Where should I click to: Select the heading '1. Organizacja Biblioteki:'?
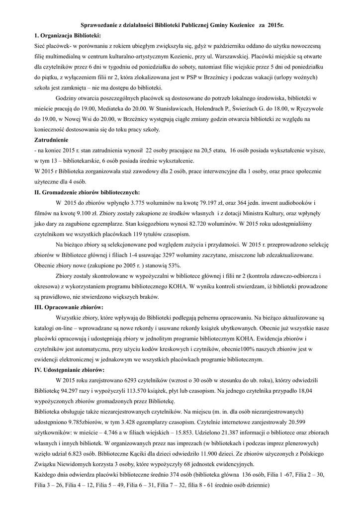point(67,35)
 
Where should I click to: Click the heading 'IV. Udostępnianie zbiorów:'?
point(69,370)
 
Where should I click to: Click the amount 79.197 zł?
point(213,202)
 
